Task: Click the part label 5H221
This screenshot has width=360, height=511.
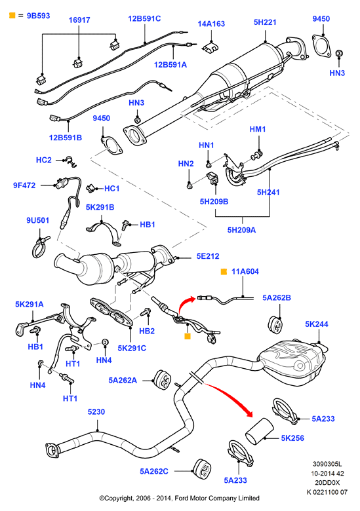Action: pos(265,22)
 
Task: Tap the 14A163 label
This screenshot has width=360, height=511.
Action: pos(211,24)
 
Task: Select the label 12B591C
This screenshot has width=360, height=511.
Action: pos(144,18)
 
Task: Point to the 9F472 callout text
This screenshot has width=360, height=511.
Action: pos(24,185)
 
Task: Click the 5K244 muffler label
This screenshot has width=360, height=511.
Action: pos(316,324)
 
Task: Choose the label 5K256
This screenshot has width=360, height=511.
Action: pos(292,438)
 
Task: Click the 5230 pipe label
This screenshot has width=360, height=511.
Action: pos(96,411)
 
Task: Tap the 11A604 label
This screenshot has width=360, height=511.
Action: pos(245,271)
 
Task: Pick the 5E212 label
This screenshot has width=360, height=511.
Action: pos(208,256)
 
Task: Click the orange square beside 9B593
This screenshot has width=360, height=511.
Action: pos(12,15)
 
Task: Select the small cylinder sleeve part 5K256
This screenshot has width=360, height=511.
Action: pos(259,430)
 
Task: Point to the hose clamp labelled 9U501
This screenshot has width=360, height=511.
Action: pos(40,248)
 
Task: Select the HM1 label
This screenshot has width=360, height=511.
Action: pos(257,129)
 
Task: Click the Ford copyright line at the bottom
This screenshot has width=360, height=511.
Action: pos(180,498)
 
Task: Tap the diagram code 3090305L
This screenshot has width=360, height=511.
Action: pos(327,464)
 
